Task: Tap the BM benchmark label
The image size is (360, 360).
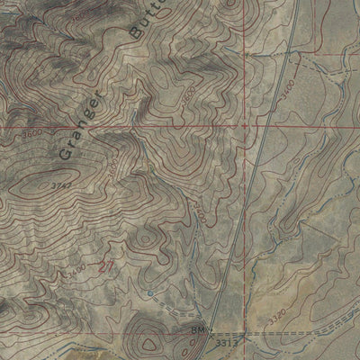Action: coord(199,332)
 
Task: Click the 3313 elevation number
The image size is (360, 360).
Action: coord(226,343)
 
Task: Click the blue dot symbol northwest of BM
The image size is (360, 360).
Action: coord(150,294)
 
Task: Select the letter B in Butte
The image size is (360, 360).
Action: coord(136,37)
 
